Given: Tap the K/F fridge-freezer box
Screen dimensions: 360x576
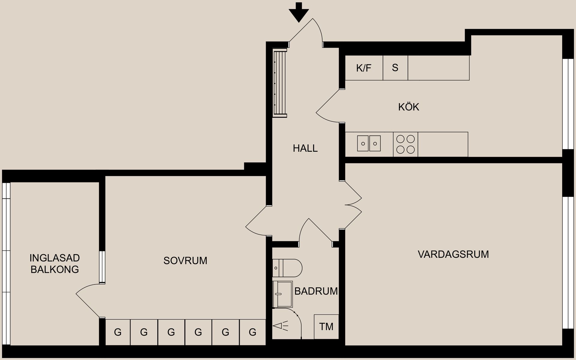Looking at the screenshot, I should tap(364, 68).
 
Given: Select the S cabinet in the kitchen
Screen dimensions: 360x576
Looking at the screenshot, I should tap(395, 68).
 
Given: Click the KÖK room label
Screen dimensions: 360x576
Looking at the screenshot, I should tap(408, 107).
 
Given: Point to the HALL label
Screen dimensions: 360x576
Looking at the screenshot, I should tap(305, 148).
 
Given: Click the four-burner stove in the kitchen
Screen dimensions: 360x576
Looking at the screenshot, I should tap(405, 144).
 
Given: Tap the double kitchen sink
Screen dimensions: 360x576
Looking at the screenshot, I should tap(369, 143).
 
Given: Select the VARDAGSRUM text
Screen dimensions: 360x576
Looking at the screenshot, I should tap(453, 254).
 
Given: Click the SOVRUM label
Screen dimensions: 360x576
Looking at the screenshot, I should tap(185, 261).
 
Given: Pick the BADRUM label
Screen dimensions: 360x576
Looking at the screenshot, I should tap(316, 291).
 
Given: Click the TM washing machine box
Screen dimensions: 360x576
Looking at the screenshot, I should tap(326, 327).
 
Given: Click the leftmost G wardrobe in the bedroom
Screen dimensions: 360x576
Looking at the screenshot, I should tap(118, 332).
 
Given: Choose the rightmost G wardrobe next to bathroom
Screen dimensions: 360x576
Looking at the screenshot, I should tap(253, 332).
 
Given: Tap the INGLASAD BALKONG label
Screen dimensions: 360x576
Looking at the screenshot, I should tap(55, 263).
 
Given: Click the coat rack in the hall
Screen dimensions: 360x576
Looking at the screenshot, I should tap(280, 84).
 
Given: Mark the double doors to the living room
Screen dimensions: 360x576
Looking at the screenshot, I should tap(353, 205).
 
